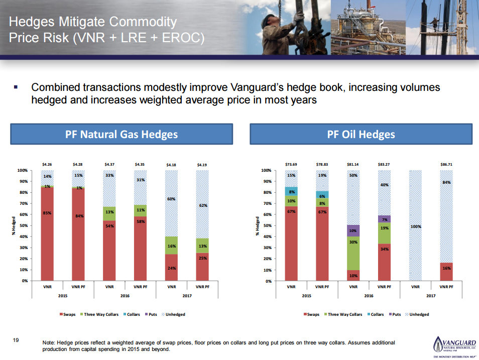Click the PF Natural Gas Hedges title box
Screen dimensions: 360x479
click(x=122, y=135)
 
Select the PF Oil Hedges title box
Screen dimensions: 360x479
click(x=361, y=135)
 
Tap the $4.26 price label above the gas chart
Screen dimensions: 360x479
click(x=47, y=164)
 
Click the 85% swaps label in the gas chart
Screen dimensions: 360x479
click(x=47, y=213)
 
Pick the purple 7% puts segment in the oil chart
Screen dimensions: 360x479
click(x=384, y=219)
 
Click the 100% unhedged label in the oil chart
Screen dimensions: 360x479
click(x=415, y=226)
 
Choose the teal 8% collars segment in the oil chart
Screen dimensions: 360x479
click(x=291, y=191)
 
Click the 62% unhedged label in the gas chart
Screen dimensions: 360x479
click(x=202, y=205)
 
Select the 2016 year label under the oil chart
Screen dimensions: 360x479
click(x=369, y=296)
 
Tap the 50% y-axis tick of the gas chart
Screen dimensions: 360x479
click(x=23, y=225)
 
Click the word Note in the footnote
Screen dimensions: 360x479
click(x=49, y=342)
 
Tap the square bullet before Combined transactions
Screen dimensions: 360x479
click(x=17, y=88)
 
